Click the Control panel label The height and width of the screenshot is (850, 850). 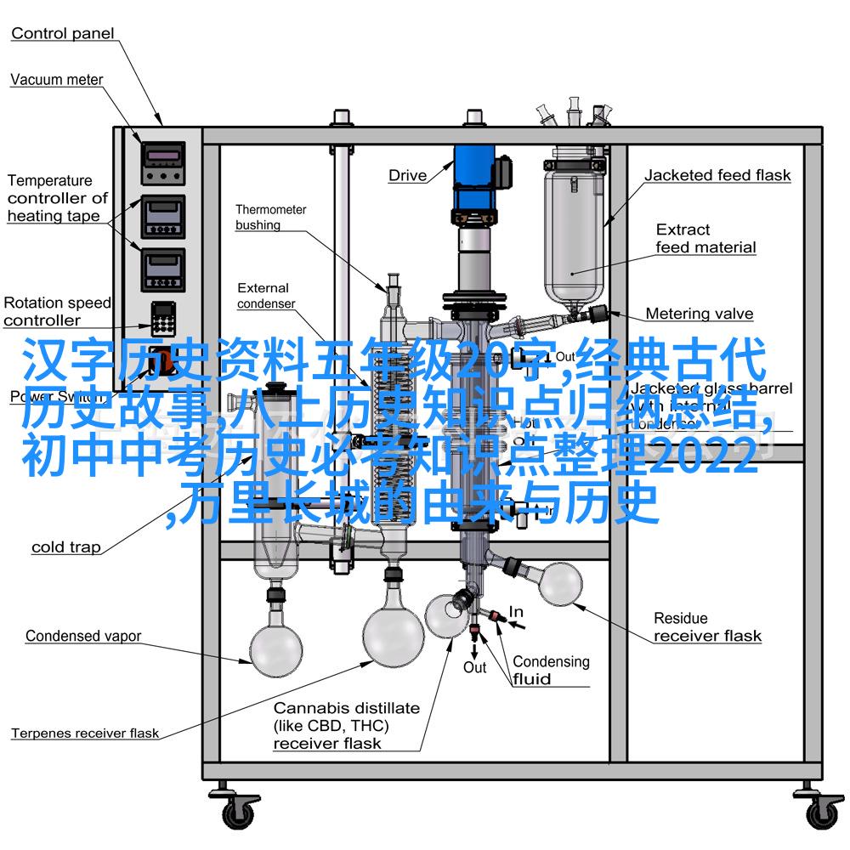point(63,34)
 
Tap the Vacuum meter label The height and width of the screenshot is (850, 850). point(57,80)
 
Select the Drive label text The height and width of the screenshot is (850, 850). point(408,176)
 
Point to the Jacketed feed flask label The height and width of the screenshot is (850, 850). point(717,176)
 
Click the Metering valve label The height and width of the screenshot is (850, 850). point(700,314)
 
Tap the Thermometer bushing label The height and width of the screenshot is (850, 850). point(271,217)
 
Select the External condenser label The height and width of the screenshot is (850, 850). point(265,296)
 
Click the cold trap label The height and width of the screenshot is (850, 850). point(66,547)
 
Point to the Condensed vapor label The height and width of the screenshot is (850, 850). point(83,636)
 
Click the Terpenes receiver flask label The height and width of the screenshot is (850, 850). point(85,733)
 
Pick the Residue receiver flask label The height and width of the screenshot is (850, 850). point(707,626)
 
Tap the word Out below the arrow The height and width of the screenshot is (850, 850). point(474,667)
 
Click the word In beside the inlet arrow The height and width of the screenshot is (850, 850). point(516,612)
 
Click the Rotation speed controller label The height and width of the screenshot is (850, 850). point(57,311)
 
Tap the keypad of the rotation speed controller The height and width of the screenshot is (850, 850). point(162,319)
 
